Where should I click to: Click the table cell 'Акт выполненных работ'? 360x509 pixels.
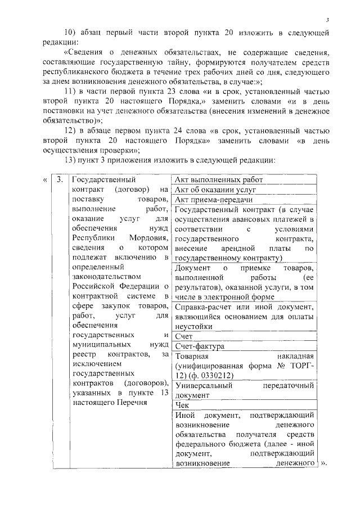click(219, 180)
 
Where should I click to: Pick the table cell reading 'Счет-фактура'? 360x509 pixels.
click(200, 346)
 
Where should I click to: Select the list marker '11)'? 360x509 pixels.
click(73, 92)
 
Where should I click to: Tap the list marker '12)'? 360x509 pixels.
click(73, 130)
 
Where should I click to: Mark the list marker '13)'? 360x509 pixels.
click(73, 160)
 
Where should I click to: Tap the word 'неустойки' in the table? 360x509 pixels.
click(193, 326)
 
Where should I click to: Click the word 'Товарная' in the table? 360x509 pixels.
click(192, 356)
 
